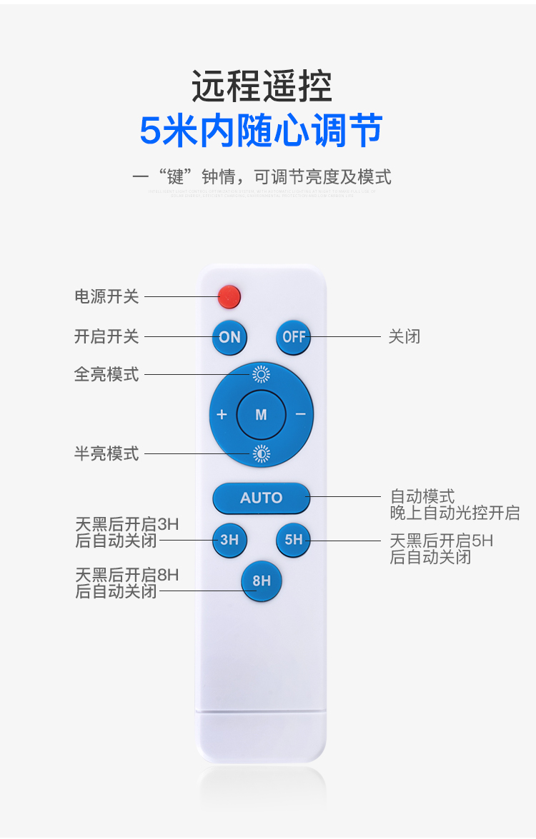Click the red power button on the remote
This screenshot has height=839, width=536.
click(x=229, y=295)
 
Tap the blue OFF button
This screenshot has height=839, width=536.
click(x=294, y=337)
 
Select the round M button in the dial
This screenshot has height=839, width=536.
click(x=261, y=414)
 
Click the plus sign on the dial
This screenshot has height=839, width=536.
click(x=222, y=414)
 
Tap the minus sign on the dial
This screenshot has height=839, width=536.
click(x=301, y=414)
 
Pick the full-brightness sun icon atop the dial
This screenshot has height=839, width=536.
click(x=261, y=374)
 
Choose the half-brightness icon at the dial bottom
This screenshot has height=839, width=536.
click(x=261, y=453)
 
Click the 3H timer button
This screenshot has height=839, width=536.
click(x=229, y=540)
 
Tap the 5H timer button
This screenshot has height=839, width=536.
click(x=294, y=540)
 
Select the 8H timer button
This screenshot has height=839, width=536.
click(x=262, y=581)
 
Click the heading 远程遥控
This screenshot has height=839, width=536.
click(x=262, y=86)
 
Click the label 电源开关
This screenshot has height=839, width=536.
click(x=106, y=296)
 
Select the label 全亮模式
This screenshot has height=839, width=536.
click(x=106, y=374)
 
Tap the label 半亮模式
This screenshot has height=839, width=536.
click(x=106, y=453)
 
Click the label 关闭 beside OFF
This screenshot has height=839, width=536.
click(x=404, y=336)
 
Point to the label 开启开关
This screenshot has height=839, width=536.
click(x=106, y=336)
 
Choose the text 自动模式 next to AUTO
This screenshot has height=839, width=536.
click(x=422, y=496)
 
